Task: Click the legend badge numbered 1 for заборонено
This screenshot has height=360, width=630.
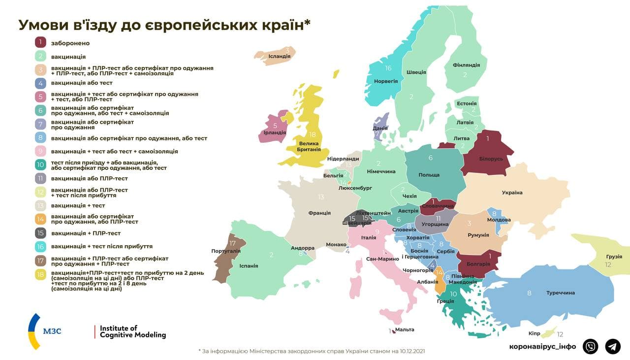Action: point(41,43)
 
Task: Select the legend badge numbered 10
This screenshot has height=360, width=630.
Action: point(41,164)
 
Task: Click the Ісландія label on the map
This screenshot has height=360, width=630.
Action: point(279,56)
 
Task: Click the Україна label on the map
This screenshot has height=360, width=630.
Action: point(512,193)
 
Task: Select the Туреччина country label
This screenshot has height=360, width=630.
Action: point(560,293)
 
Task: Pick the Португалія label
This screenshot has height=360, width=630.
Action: point(226,251)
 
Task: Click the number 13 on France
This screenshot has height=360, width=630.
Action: point(321,197)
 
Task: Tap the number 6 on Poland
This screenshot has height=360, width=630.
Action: point(430,158)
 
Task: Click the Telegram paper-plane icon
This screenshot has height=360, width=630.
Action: point(613,346)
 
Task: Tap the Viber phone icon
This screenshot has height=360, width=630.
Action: point(590,346)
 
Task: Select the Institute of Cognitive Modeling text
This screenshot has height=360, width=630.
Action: point(133,331)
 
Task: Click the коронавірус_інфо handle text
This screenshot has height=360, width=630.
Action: point(542,346)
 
